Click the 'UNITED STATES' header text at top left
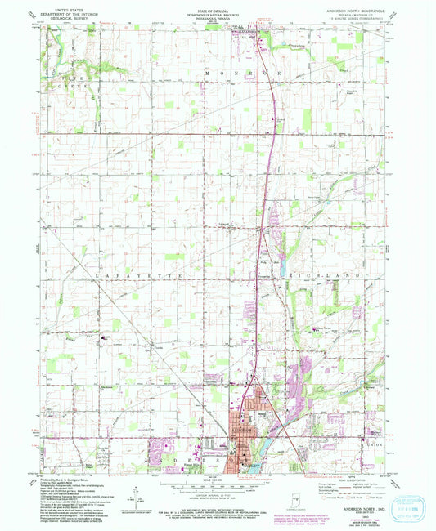coord(68,5)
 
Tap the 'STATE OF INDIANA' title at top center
coord(218,5)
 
